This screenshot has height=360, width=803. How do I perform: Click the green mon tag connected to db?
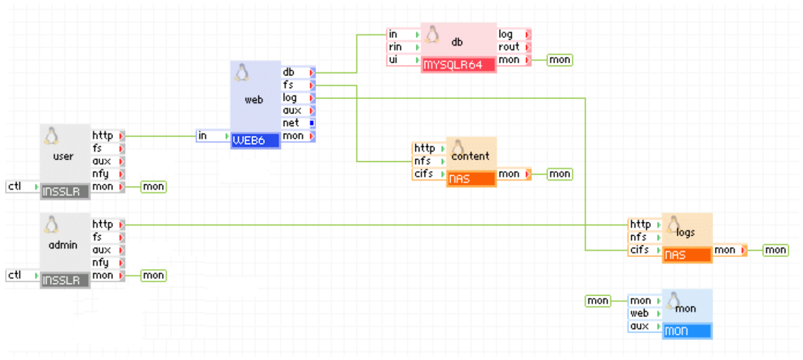tap(560, 59)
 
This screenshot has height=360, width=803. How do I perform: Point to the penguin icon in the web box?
tap(241, 72)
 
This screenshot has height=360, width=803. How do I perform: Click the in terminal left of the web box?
tap(213, 135)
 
